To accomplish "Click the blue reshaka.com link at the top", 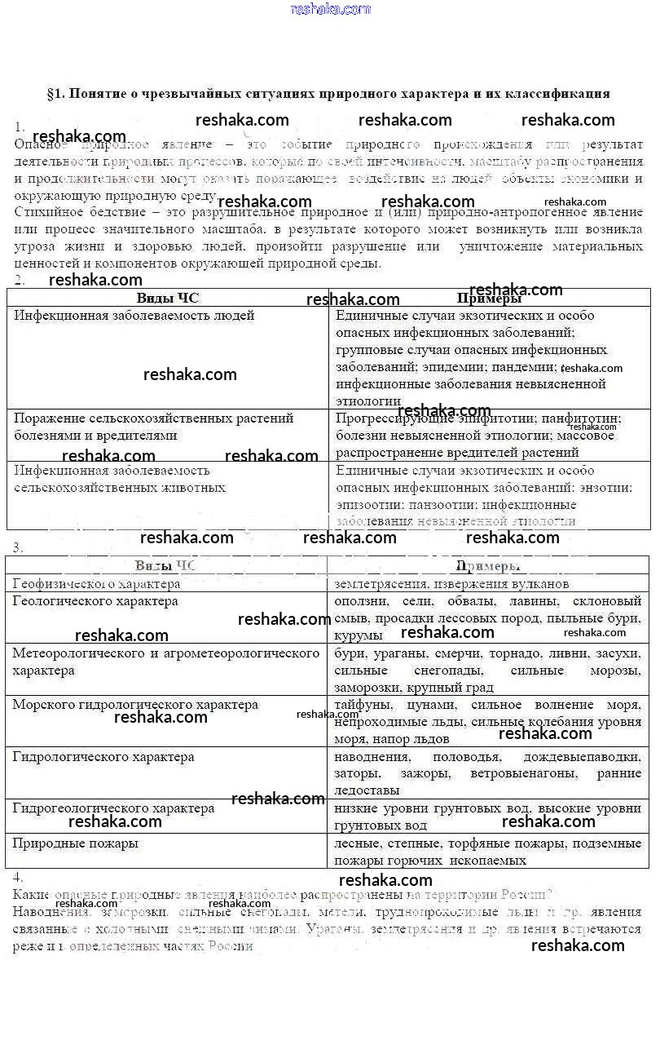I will pyautogui.click(x=330, y=9).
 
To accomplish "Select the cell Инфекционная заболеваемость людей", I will pyautogui.click(x=134, y=315).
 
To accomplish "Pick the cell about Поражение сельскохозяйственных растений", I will pyautogui.click(x=153, y=427).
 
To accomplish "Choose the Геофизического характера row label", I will pyautogui.click(x=96, y=584).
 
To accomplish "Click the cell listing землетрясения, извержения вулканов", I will pyautogui.click(x=451, y=584).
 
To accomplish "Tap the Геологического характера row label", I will pyautogui.click(x=95, y=601).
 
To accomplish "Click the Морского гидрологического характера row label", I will pyautogui.click(x=135, y=705).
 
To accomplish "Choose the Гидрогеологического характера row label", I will pyautogui.click(x=113, y=808).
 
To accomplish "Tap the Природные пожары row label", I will pyautogui.click(x=76, y=843).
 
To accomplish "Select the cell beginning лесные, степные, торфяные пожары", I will pyautogui.click(x=487, y=852).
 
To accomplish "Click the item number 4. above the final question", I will pyautogui.click(x=18, y=877).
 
